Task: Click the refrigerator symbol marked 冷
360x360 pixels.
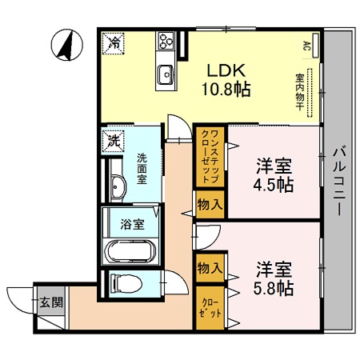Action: (115, 42)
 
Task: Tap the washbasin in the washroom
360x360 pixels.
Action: (117, 187)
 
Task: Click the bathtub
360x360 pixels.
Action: (132, 251)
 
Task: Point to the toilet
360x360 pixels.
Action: (124, 282)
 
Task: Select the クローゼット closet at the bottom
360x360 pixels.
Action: (208, 308)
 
